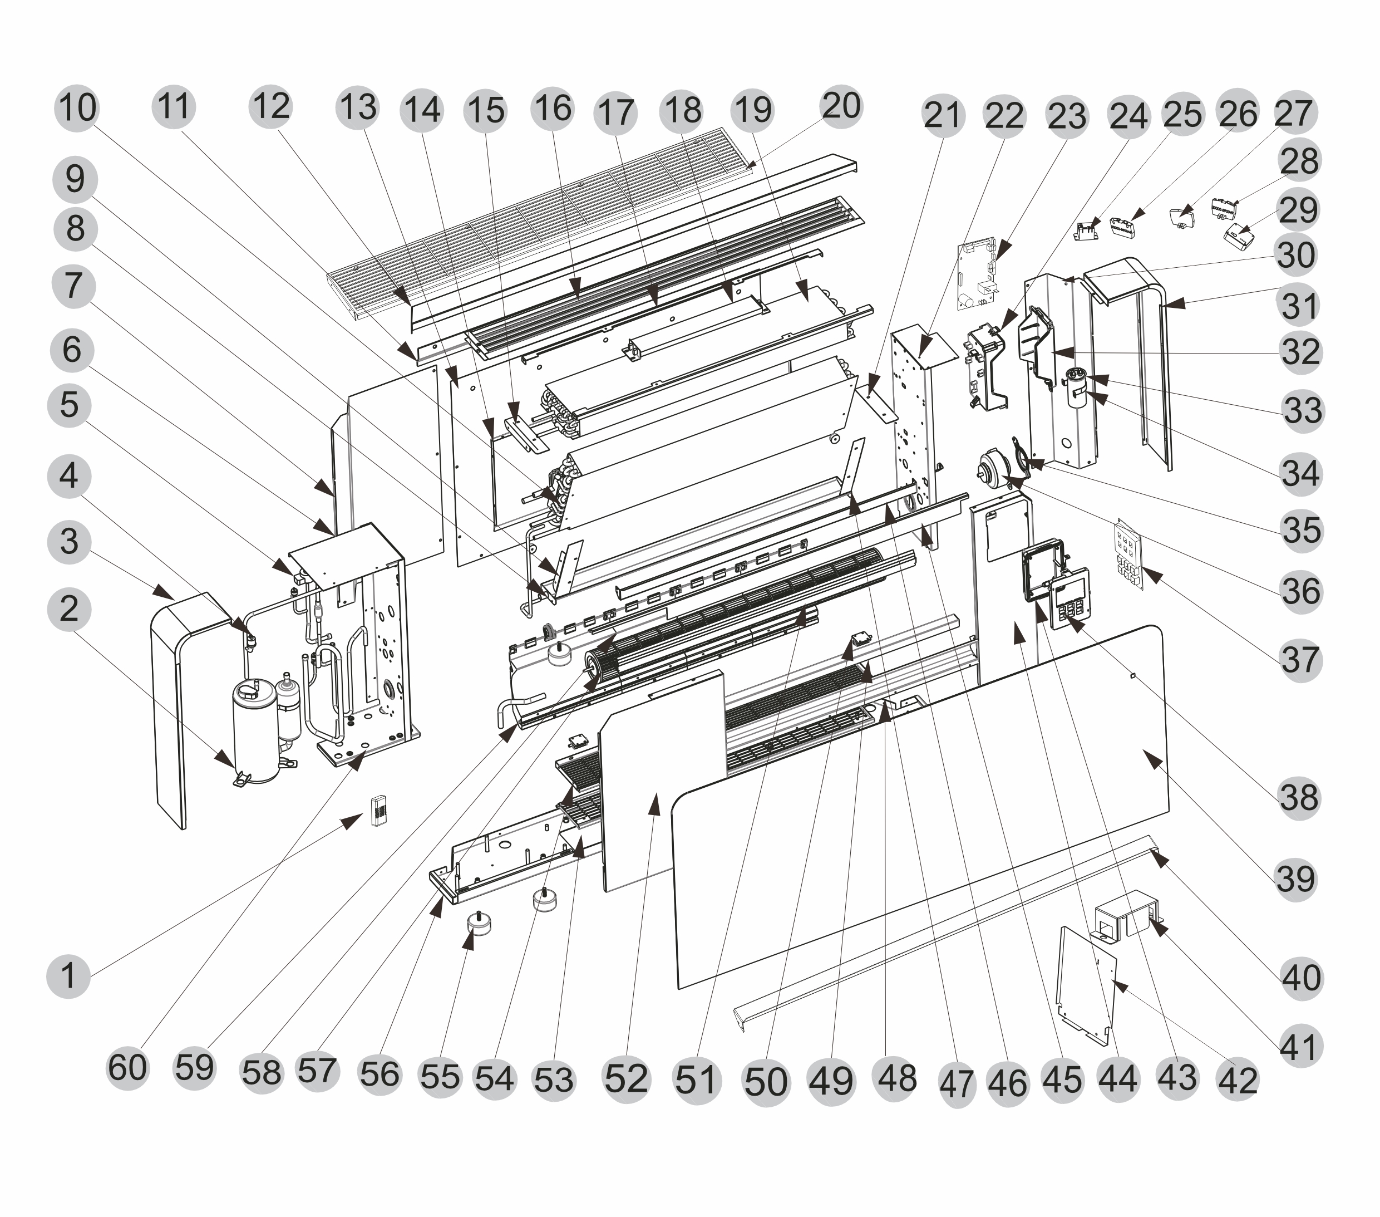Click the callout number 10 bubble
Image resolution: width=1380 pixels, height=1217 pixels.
tap(77, 108)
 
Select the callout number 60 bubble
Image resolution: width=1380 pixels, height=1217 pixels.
tap(127, 1068)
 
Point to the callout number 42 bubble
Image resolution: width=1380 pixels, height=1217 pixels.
tap(1238, 1080)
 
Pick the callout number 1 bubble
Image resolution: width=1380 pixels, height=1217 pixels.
tap(68, 976)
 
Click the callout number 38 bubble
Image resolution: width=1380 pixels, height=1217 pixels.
tap(1298, 798)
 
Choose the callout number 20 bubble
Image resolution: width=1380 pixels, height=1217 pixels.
tap(841, 107)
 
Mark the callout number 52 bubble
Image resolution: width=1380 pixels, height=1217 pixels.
tap(626, 1078)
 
